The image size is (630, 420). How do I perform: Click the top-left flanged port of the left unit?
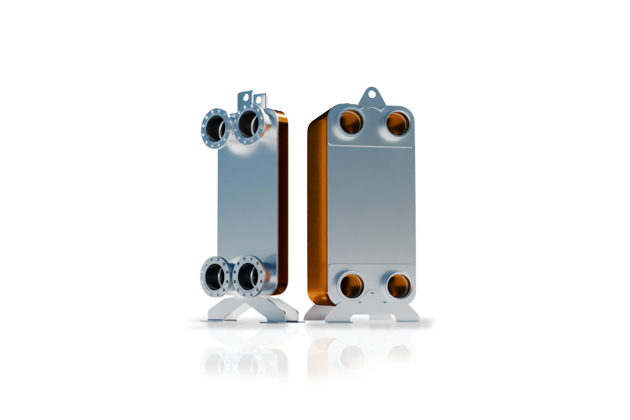click(215, 128)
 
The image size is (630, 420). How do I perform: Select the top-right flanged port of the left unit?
click(249, 125)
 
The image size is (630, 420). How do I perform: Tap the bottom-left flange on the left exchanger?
click(215, 276)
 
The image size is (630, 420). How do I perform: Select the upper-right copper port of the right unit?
click(397, 123)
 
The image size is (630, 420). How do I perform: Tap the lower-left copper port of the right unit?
click(352, 286)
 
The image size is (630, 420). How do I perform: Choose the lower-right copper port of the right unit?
click(398, 285)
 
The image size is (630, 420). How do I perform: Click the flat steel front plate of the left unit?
click(247, 202)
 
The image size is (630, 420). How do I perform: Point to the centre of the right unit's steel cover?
click(371, 202)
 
